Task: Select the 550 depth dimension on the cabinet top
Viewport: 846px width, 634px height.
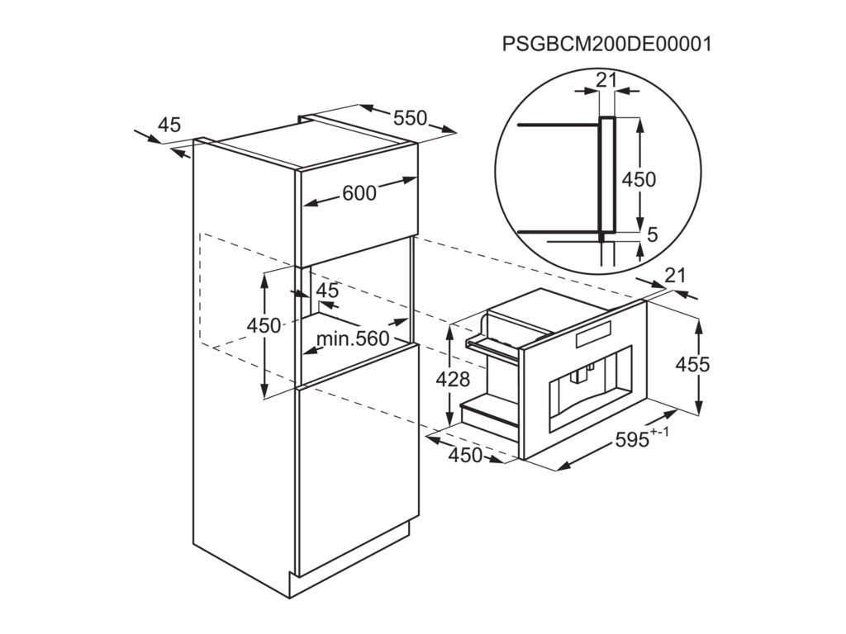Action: [x=410, y=118]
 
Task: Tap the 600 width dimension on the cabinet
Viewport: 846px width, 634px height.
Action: [x=359, y=193]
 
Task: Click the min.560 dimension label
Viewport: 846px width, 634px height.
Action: [x=352, y=339]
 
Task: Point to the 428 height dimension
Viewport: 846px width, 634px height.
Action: [x=453, y=380]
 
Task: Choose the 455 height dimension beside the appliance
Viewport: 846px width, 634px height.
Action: [x=692, y=363]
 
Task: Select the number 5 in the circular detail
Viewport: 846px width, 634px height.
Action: [x=652, y=235]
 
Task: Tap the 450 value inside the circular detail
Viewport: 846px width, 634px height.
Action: [x=639, y=179]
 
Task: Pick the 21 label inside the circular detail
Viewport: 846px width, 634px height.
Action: [x=607, y=79]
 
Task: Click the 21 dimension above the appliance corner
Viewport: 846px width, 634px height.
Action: [x=676, y=276]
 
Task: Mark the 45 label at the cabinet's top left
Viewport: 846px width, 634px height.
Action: [x=169, y=125]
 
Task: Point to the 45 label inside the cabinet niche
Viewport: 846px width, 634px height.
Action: [x=328, y=291]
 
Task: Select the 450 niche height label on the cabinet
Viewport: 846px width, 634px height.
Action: [x=264, y=326]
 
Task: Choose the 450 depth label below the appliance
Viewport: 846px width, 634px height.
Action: [x=466, y=455]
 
